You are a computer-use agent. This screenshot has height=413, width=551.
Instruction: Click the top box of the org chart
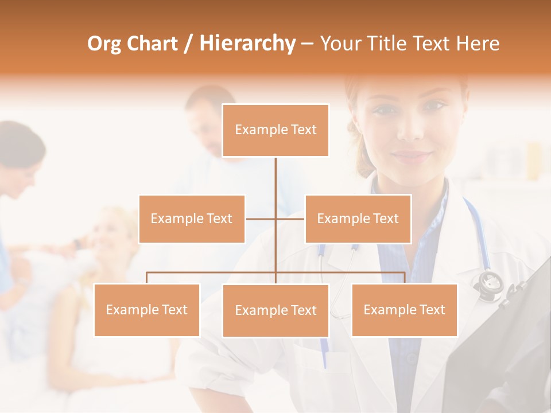click(275, 130)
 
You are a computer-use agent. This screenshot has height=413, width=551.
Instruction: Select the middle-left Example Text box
click(192, 219)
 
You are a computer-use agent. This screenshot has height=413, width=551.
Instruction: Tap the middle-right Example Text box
click(358, 219)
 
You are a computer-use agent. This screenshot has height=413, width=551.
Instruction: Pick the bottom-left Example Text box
click(147, 310)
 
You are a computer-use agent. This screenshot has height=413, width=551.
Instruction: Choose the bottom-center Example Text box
click(275, 310)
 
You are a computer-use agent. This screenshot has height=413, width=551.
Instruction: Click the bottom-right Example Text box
click(404, 310)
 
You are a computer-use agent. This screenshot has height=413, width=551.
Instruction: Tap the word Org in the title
click(105, 44)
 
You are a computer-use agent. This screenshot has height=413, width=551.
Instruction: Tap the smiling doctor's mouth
click(412, 156)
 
